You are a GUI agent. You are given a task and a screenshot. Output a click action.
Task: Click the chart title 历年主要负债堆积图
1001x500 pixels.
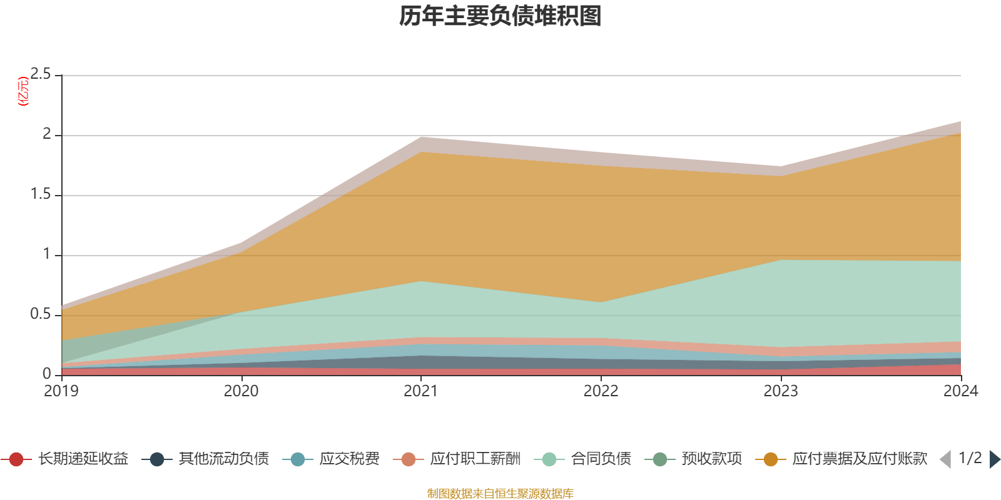[x=500, y=16]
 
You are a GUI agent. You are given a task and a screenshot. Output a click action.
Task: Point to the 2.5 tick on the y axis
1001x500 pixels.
[x=41, y=74]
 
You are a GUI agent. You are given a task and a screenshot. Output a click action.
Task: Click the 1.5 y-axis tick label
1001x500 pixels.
[x=41, y=194]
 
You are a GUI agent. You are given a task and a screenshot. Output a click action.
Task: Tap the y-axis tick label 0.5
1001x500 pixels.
[x=41, y=314]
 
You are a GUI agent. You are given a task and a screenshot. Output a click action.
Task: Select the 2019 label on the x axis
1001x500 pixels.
[x=61, y=391]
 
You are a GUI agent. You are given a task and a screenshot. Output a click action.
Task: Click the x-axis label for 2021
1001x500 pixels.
[x=421, y=391]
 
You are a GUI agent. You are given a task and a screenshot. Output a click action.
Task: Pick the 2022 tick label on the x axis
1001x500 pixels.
[x=601, y=391]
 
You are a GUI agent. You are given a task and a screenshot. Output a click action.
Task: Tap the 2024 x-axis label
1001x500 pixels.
[x=960, y=391]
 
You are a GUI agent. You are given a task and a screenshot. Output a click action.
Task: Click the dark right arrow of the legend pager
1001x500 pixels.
[x=995, y=459]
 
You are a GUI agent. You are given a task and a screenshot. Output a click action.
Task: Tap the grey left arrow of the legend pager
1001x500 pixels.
[x=945, y=459]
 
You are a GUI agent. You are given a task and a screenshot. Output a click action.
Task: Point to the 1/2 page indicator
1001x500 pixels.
[x=970, y=458]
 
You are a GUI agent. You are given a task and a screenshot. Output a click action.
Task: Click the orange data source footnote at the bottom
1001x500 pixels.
[x=500, y=494]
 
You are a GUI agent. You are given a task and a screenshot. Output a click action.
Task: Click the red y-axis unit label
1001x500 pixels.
[x=23, y=91]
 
